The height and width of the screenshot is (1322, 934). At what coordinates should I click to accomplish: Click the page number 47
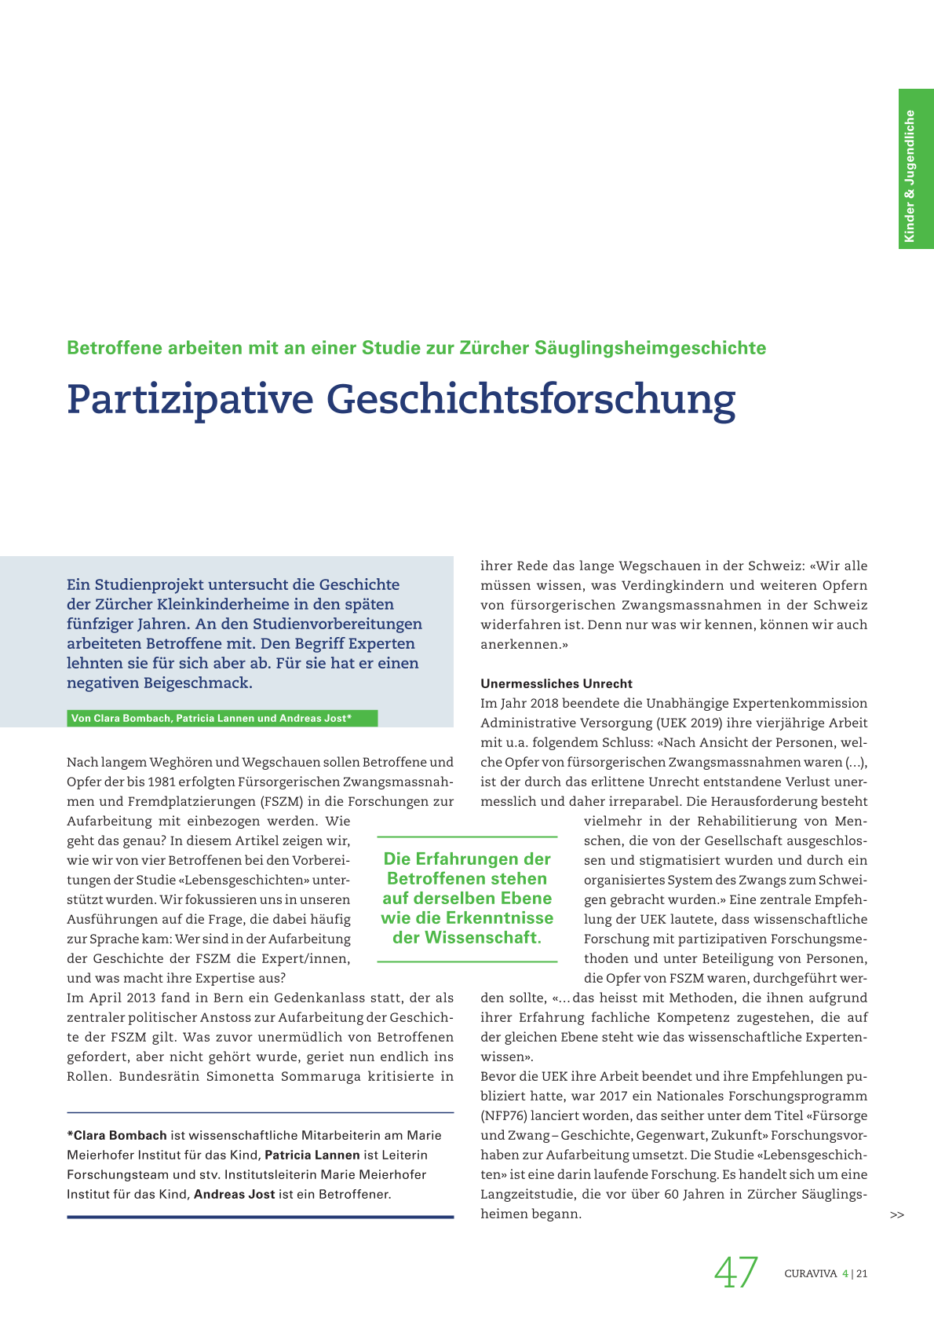[x=736, y=1273]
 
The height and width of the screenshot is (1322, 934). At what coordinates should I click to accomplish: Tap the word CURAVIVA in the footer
[x=811, y=1274]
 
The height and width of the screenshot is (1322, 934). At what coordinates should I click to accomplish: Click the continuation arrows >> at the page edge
[x=897, y=1215]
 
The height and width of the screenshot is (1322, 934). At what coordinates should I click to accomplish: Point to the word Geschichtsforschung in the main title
[x=531, y=400]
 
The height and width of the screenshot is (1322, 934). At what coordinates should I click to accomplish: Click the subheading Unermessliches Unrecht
[x=556, y=683]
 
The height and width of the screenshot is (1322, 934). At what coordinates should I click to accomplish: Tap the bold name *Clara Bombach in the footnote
[x=117, y=1135]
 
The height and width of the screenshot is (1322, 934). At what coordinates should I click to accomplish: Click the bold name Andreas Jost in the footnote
[x=235, y=1194]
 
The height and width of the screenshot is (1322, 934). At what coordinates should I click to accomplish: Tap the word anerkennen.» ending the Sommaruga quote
[x=524, y=645]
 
